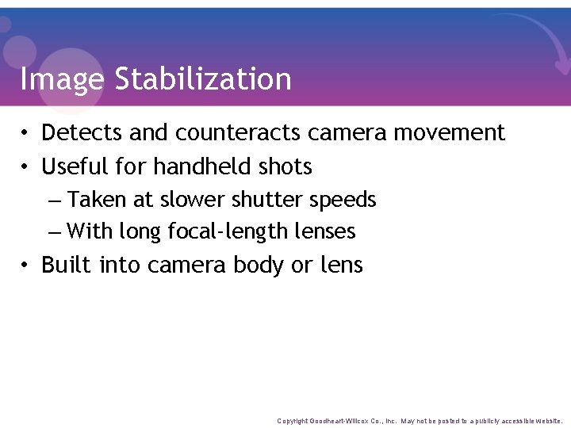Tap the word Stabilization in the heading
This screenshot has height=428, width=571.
pyautogui.click(x=203, y=79)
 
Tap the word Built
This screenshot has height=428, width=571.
pyautogui.click(x=67, y=265)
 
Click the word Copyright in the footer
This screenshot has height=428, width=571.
pyautogui.click(x=293, y=421)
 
